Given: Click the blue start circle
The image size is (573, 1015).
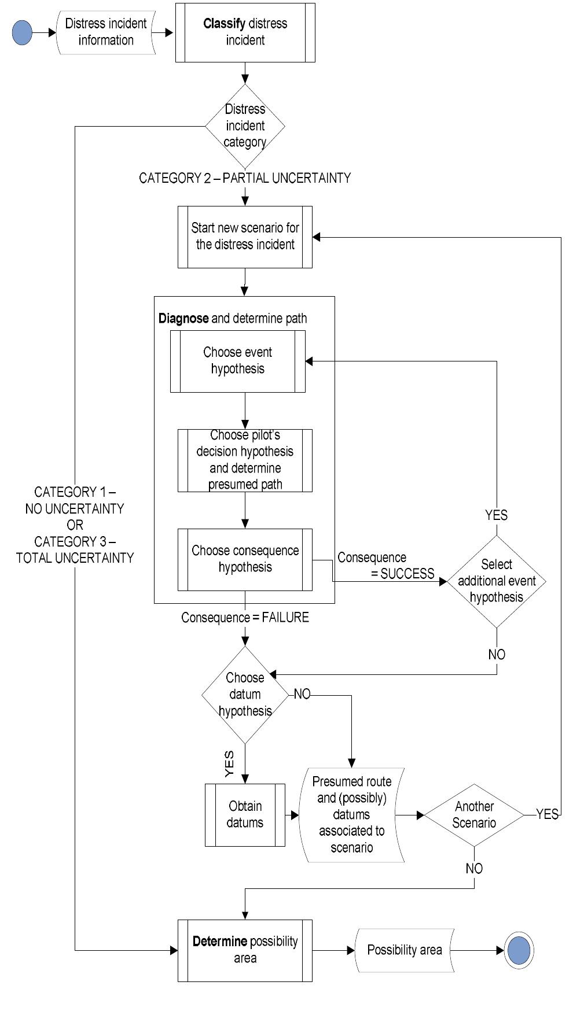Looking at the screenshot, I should click(22, 32).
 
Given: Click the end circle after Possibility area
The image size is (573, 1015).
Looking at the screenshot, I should click(519, 950).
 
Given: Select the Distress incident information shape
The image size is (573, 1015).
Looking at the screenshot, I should click(106, 32).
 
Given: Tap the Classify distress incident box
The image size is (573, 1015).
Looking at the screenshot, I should click(245, 32).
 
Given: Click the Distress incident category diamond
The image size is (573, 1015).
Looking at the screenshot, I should click(245, 126).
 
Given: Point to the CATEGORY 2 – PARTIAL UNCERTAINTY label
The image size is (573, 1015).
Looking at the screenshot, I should click(245, 178).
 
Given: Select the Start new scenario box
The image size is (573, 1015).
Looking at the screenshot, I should click(245, 237).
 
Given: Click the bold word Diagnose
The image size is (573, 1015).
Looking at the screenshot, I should click(183, 318).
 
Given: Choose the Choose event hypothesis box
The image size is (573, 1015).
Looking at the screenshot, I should click(237, 361).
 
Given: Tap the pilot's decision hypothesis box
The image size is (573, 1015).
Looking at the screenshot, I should click(245, 460).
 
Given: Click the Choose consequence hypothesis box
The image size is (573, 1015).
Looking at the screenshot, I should click(245, 559).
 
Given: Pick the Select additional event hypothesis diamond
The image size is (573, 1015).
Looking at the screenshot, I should click(497, 581).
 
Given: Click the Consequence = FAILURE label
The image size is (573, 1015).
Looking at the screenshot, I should click(245, 618).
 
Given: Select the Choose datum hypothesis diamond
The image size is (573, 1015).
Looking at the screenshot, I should click(245, 695).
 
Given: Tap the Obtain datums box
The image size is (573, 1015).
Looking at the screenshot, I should click(245, 815).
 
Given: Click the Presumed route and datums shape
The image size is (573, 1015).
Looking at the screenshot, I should click(351, 815).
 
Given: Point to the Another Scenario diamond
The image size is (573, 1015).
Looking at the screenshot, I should click(474, 815).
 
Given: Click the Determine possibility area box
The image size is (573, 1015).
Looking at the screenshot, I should click(245, 950).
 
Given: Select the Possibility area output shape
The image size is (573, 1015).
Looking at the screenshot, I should click(404, 950).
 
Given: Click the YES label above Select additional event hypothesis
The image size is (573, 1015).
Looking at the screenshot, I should click(496, 515).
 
